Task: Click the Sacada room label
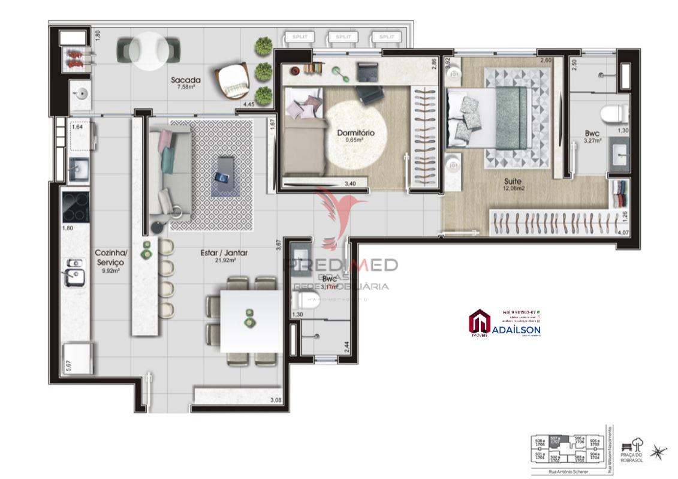pos(185,80)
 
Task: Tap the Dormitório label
pos(355,132)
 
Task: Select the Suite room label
pos(512,181)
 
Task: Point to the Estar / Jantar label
pos(224,253)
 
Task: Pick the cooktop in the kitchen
pos(76,206)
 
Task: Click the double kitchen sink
pos(74,272)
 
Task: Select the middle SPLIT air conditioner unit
pos(343,37)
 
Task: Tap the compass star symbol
pos(658,453)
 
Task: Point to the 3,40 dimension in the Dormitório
pos(349,184)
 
